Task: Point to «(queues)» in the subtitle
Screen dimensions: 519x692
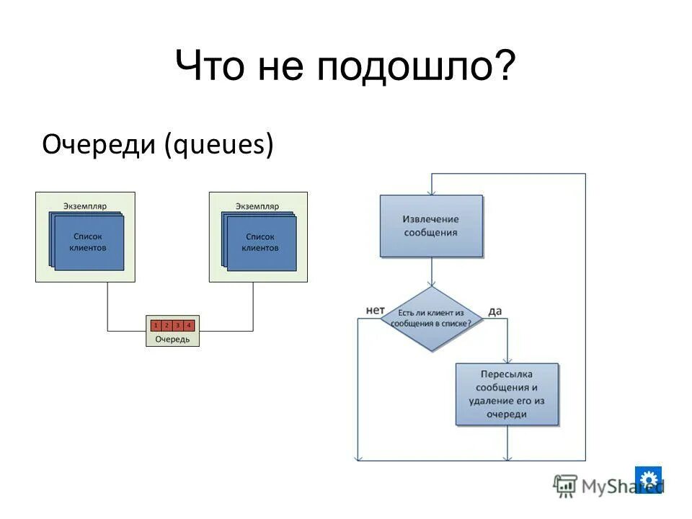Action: (x=218, y=145)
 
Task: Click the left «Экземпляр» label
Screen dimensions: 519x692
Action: (x=85, y=206)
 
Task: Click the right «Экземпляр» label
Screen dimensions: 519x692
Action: (x=258, y=206)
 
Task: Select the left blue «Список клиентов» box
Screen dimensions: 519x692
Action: (x=88, y=241)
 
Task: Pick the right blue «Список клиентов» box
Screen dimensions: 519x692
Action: (x=261, y=241)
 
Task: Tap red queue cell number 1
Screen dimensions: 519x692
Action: (x=155, y=326)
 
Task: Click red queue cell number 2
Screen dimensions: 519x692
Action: (x=166, y=326)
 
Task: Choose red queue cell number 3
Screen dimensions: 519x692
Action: (x=177, y=326)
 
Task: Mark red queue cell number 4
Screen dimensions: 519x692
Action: (x=189, y=326)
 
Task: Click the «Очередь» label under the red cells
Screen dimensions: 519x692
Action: (x=172, y=339)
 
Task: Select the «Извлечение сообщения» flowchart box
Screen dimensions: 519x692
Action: (x=431, y=226)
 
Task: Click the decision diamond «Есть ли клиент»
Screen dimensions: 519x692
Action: (x=431, y=319)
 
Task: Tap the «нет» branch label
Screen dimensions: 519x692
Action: (x=375, y=310)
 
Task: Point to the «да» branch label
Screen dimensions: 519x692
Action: (x=494, y=311)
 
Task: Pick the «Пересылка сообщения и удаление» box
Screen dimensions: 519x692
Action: (x=507, y=394)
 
